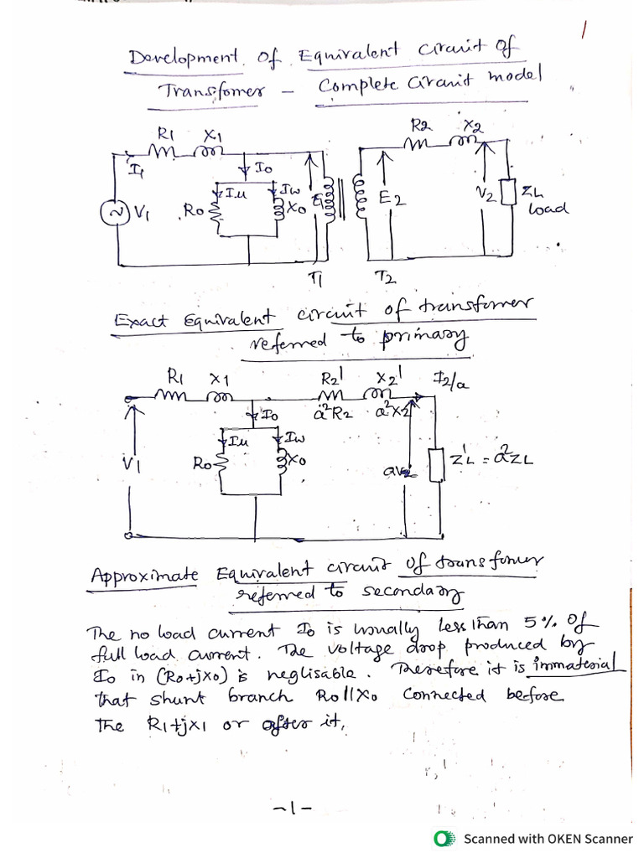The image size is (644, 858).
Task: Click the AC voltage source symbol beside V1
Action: [x=110, y=213]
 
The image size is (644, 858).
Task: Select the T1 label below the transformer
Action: [x=315, y=276]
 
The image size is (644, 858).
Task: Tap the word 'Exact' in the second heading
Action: [x=140, y=320]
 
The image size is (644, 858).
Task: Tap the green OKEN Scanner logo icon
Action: [x=444, y=838]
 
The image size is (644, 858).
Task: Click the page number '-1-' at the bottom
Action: [x=292, y=809]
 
